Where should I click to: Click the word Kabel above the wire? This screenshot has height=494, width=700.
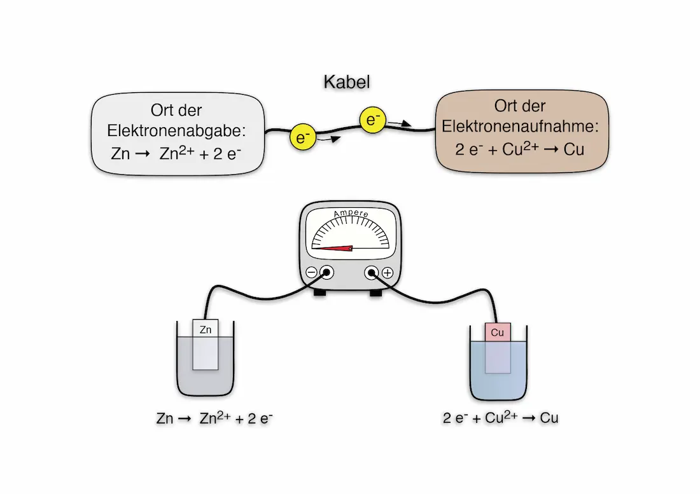[347, 82]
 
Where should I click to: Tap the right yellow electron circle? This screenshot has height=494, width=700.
[371, 119]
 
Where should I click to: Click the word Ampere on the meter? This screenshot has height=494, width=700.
[351, 214]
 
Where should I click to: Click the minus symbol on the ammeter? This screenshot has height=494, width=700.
[312, 273]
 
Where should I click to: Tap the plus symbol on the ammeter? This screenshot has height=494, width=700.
[387, 273]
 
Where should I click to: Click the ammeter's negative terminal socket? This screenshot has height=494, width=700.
[327, 273]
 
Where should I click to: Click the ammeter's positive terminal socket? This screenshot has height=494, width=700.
[371, 273]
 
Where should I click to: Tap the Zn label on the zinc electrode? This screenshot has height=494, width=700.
[206, 329]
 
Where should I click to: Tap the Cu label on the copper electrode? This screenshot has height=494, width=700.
[498, 332]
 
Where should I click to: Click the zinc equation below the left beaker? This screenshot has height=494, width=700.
[214, 418]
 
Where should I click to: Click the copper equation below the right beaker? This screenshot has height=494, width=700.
[501, 418]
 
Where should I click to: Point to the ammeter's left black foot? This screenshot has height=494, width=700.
[319, 293]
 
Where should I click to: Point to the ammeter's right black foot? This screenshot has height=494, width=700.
[375, 293]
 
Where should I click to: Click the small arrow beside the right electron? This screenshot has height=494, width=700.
[397, 123]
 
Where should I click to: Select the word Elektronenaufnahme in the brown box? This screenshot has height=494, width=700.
[521, 126]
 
